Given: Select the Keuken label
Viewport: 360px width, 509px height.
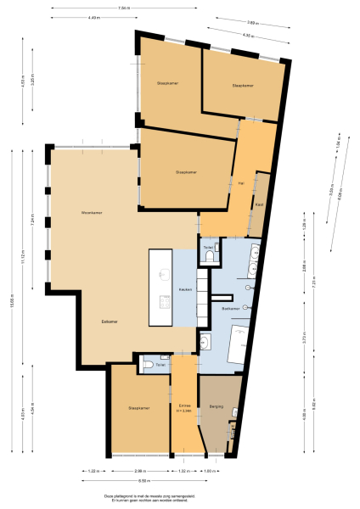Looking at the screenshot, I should click(x=184, y=289).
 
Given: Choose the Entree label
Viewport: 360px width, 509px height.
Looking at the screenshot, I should click(x=183, y=406).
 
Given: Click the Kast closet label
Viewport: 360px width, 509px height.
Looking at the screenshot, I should click(x=258, y=204).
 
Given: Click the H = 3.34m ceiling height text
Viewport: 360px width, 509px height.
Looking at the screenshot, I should click(x=183, y=411).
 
